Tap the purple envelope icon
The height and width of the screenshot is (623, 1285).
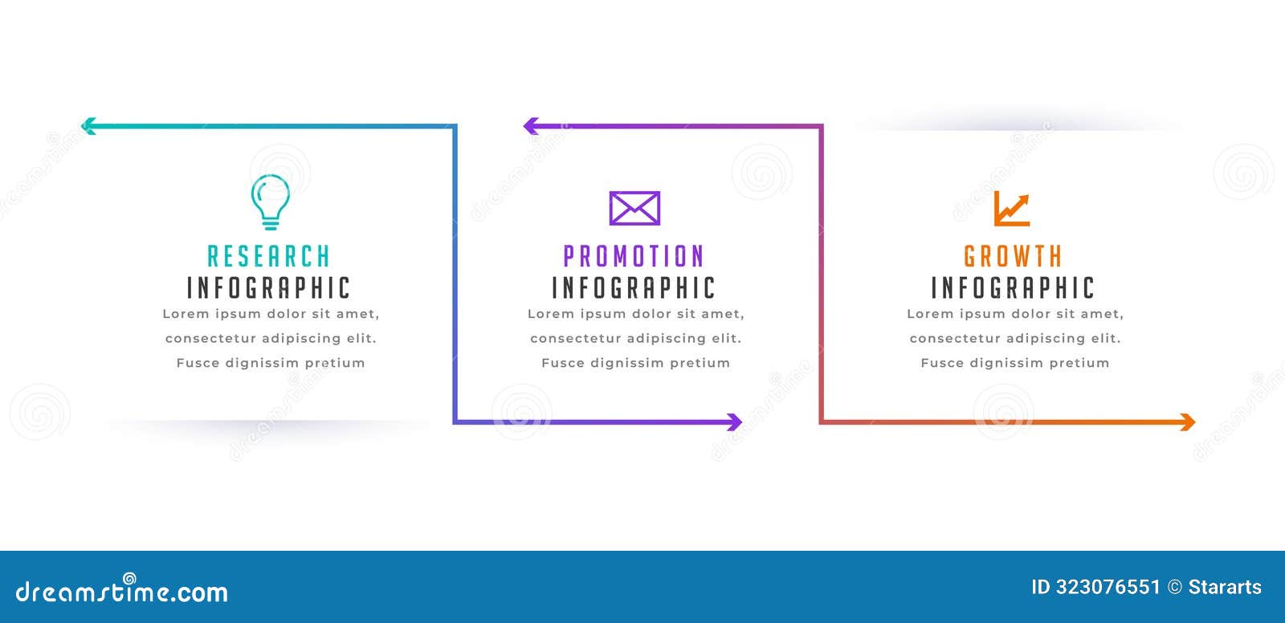tap(634, 208)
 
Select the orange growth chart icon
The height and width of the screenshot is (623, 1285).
tap(1012, 209)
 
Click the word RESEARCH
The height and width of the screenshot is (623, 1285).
tap(269, 257)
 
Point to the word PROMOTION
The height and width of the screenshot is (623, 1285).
tap(634, 257)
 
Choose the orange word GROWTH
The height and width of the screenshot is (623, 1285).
tap(1013, 257)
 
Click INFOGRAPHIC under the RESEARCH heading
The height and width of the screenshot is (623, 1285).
tap(269, 288)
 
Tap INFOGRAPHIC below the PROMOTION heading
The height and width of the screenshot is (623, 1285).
tap(634, 288)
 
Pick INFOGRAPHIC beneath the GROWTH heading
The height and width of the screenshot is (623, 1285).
tap(1013, 288)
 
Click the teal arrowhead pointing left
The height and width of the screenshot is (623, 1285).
tap(88, 125)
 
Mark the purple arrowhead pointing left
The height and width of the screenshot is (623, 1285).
tap(531, 125)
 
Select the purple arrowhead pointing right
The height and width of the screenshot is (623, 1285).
tap(734, 421)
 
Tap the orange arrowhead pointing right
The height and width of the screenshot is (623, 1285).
tap(1188, 421)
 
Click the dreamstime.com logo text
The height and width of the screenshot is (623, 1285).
tap(122, 592)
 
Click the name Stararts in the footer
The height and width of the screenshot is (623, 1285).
tap(1225, 587)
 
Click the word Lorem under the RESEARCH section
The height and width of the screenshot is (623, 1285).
tap(186, 314)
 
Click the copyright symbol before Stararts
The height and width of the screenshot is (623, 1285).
tap(1174, 588)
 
